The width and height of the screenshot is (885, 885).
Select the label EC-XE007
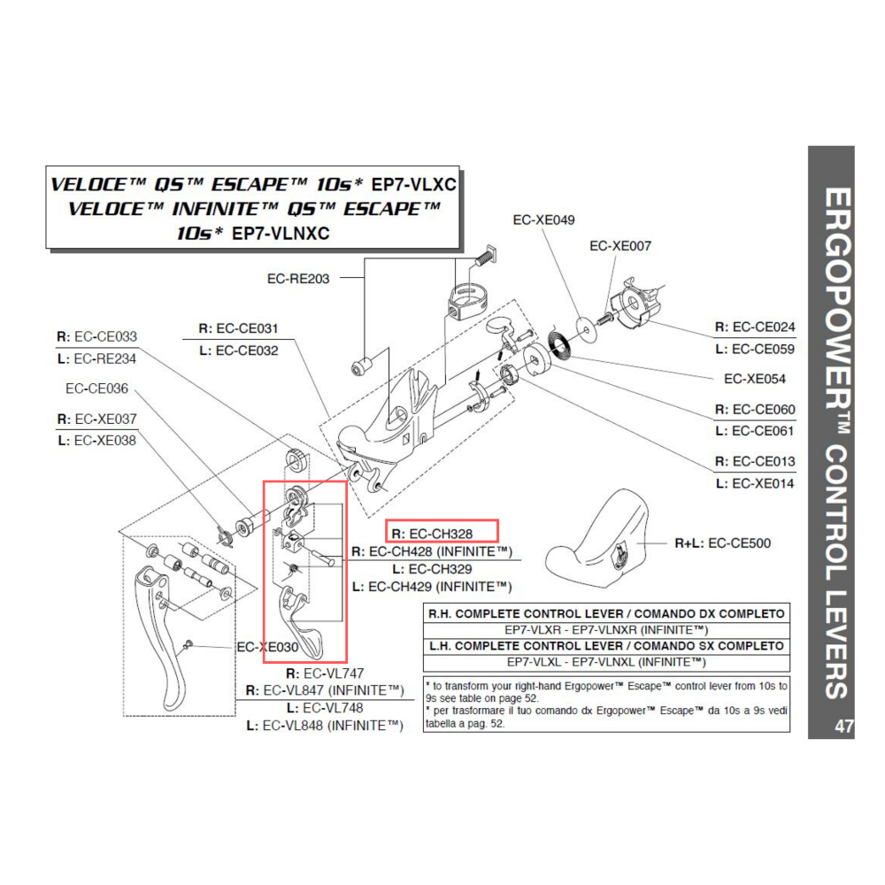click(x=619, y=245)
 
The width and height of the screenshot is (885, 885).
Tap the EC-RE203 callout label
click(x=297, y=278)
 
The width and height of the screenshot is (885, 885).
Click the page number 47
click(x=843, y=727)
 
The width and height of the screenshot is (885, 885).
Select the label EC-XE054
click(x=754, y=379)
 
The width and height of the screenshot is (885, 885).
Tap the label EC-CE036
click(x=96, y=388)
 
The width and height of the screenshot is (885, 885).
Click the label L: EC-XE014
click(x=755, y=483)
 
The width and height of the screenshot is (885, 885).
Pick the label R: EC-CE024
click(x=755, y=327)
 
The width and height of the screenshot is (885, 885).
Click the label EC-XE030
click(x=267, y=647)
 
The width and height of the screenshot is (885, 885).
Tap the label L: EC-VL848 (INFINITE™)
click(x=325, y=726)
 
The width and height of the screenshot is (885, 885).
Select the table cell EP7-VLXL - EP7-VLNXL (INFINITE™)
click(x=606, y=661)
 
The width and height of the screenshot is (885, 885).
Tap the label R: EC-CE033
click(x=96, y=336)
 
